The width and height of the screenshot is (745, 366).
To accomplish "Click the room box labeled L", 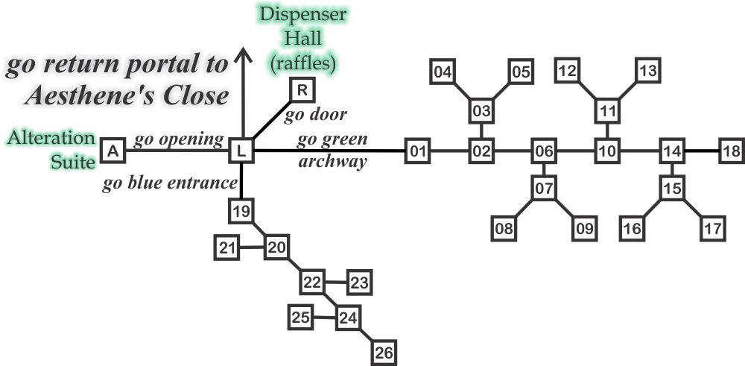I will (x=241, y=151).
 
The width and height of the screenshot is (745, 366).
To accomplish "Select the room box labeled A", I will (x=112, y=151).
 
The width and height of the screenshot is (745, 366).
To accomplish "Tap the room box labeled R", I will (x=302, y=91).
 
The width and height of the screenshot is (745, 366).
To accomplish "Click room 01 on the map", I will (x=418, y=152).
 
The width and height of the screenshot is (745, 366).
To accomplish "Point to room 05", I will (x=521, y=72).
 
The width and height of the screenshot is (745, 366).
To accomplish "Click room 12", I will (x=568, y=72).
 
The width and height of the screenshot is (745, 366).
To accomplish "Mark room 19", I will (x=240, y=212).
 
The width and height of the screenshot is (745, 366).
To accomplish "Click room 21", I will (x=226, y=247).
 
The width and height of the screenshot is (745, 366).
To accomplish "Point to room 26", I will (x=382, y=351).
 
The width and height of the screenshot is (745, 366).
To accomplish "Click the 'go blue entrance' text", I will (x=170, y=184).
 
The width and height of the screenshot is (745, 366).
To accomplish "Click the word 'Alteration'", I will (x=52, y=138).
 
